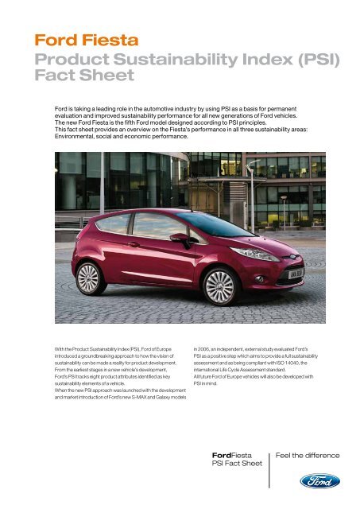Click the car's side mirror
click(x=180, y=238)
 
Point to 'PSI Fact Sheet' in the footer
click(x=234, y=464)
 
